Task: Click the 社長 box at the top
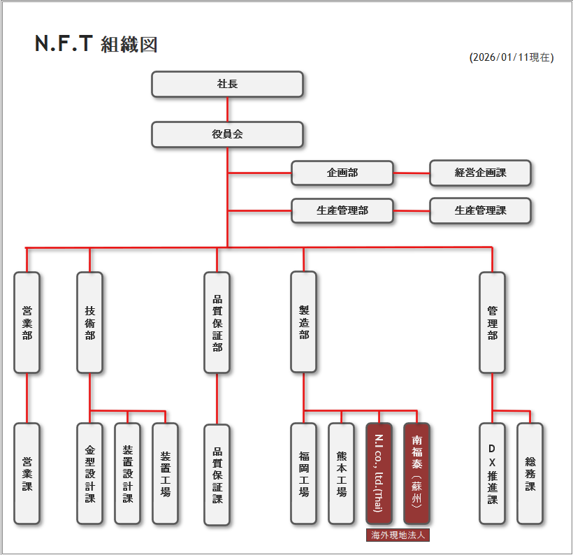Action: point(227,84)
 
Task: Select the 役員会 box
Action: point(227,134)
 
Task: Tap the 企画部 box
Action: point(342,173)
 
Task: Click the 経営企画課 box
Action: point(480,173)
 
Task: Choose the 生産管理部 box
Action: point(342,210)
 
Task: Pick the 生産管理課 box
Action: point(480,210)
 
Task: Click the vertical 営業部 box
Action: point(27,322)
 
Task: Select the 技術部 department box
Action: point(89,322)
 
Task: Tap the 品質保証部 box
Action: point(217,322)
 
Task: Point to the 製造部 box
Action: point(303,322)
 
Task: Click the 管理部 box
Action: point(492,322)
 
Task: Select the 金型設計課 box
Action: point(89,473)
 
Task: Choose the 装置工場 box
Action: point(165,473)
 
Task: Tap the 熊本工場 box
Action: point(341,473)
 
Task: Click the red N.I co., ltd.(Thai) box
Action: point(379,473)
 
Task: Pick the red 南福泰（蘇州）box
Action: point(416,473)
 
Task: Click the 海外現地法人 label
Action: point(398,535)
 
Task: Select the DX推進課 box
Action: point(492,473)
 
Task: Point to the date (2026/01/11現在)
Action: point(512,58)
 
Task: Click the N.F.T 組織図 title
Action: point(96,44)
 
